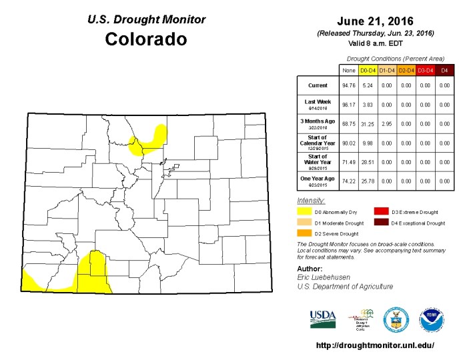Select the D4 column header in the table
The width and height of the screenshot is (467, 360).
(x=444, y=69)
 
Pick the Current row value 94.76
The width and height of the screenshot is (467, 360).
(x=348, y=85)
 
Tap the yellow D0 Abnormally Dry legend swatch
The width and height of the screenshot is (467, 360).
(x=304, y=211)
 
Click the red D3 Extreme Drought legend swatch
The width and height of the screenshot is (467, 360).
(x=381, y=211)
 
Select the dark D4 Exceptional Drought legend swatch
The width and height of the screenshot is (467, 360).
(x=381, y=223)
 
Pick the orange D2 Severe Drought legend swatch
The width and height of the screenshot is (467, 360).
(x=304, y=234)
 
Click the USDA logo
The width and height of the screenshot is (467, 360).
(x=323, y=319)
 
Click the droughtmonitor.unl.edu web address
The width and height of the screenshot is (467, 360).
(x=375, y=345)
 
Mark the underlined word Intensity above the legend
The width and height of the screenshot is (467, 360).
(x=311, y=201)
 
